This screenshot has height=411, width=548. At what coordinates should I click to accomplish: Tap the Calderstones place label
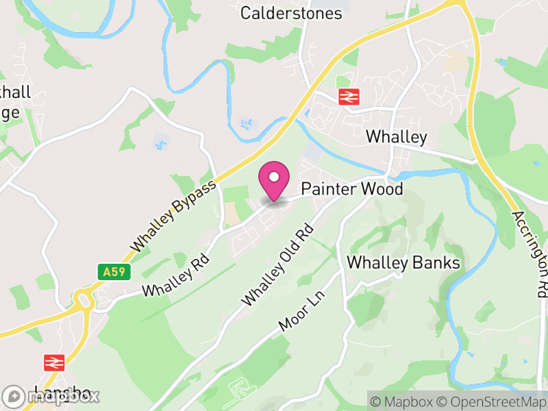[x=290, y=13]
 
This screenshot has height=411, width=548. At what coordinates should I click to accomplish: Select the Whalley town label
[x=396, y=136]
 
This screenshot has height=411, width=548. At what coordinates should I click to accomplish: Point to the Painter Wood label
[x=352, y=189]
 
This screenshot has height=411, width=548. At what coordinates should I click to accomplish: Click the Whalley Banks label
[x=403, y=263]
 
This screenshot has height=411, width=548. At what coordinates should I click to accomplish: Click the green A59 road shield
[x=114, y=272]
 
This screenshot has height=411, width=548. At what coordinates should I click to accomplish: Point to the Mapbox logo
[x=51, y=396]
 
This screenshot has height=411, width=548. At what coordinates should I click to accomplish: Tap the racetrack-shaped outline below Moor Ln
[x=236, y=391]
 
